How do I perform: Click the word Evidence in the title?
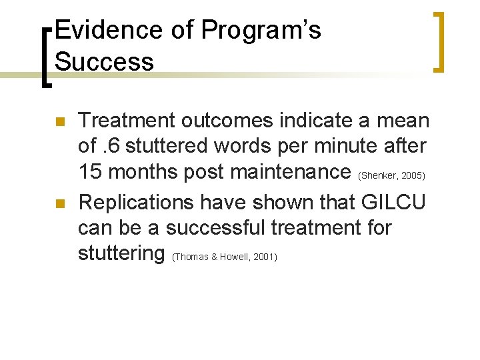(106, 31)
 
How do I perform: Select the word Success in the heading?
(104, 61)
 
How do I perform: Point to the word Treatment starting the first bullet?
(125, 121)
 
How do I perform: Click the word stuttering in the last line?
(121, 254)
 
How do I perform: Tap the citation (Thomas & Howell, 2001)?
(224, 257)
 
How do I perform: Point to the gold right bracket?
(439, 41)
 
